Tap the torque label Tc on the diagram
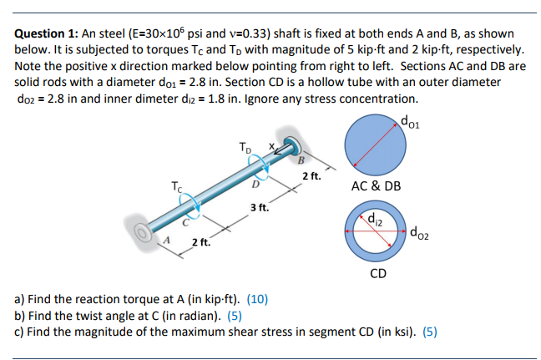pos(175,185)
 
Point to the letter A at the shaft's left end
pos(165,241)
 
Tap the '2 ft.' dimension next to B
pos(311,177)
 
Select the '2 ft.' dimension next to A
pos(201,243)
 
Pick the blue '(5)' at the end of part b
pos(233,315)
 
